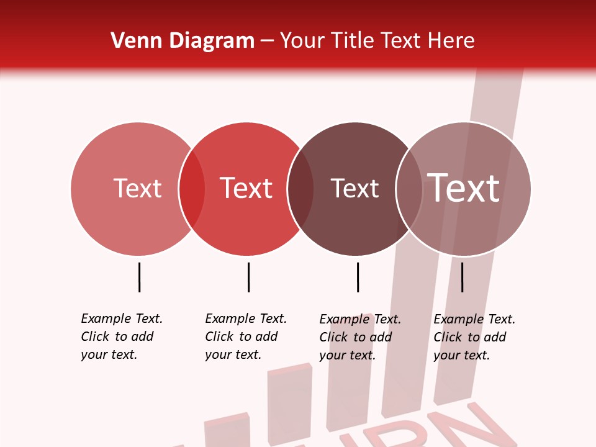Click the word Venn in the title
tap(132, 41)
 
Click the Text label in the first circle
tap(137, 188)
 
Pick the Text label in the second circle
tap(246, 188)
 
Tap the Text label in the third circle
tap(354, 188)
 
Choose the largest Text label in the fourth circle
tap(463, 188)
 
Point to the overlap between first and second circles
tap(192, 189)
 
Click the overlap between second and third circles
tap(300, 189)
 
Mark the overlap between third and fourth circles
tap(409, 189)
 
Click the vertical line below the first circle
tap(139, 277)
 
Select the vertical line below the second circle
tap(248, 277)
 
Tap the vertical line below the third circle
tap(358, 277)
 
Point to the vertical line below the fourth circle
tap(462, 277)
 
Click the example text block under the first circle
tap(122, 336)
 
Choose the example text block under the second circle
tap(246, 336)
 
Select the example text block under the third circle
tap(360, 337)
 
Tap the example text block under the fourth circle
tap(474, 337)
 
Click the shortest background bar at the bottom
tap(227, 431)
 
